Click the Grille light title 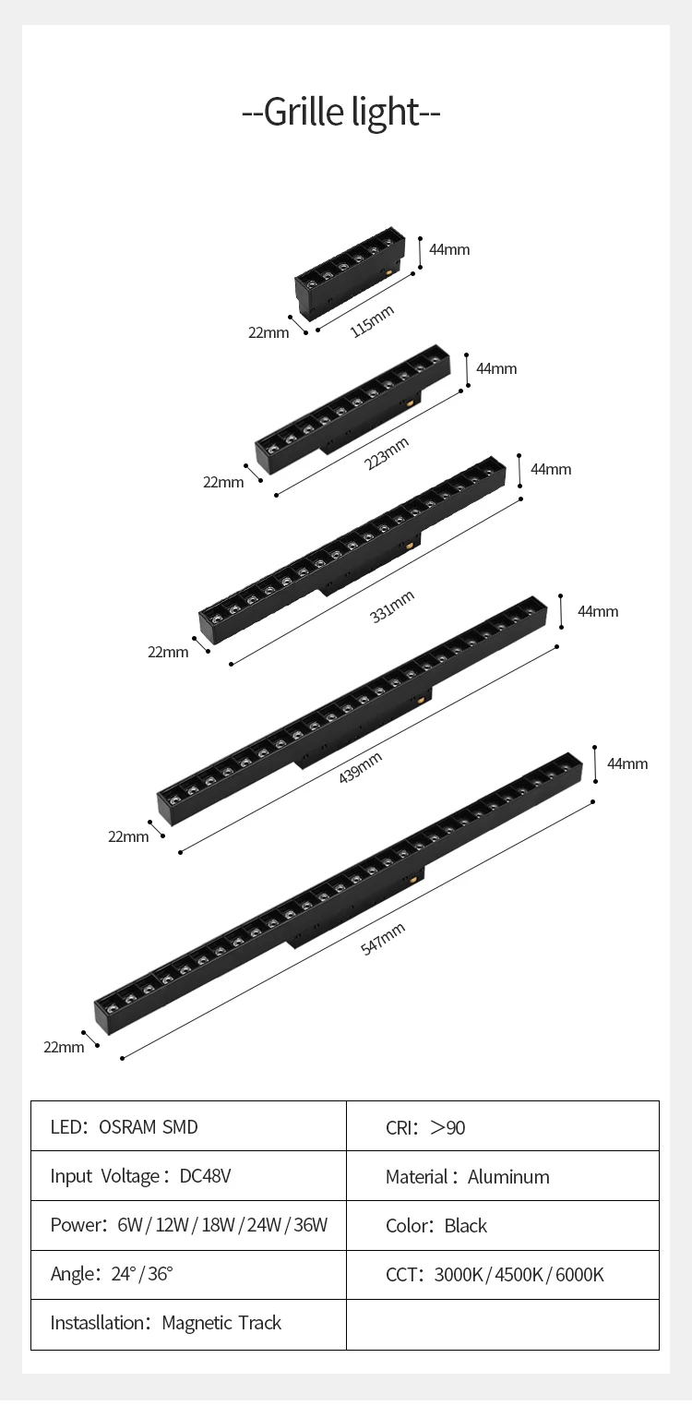341,112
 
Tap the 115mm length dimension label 372,320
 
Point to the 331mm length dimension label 392,606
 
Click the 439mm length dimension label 360,768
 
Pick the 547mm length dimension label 383,939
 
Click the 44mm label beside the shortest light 449,249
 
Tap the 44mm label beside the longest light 627,763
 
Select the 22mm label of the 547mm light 64,1047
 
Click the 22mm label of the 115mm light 268,332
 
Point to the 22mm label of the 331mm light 168,652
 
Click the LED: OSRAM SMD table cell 124,1127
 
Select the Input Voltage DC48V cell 140,1176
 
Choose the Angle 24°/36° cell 112,1275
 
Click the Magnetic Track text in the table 221,1324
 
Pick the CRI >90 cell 425,1127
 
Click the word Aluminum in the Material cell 508,1177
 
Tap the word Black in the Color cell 465,1226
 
